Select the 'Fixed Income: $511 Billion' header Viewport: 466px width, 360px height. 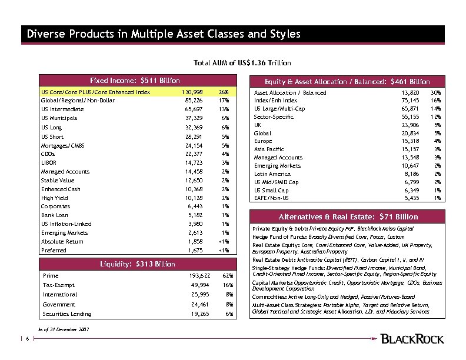[135, 81]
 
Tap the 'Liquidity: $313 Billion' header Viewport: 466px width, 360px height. [135, 264]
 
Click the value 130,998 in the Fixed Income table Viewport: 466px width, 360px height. [193, 92]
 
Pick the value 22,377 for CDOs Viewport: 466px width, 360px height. [194, 154]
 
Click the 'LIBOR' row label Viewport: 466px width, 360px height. [48, 162]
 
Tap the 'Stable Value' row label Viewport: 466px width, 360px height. [58, 180]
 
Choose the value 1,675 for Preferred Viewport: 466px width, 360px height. [195, 251]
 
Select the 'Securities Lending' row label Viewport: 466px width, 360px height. [67, 314]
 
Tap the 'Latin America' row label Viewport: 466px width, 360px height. [272, 174]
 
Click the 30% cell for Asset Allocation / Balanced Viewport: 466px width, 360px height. [437, 93]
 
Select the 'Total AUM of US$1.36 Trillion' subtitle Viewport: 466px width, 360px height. [242, 63]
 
